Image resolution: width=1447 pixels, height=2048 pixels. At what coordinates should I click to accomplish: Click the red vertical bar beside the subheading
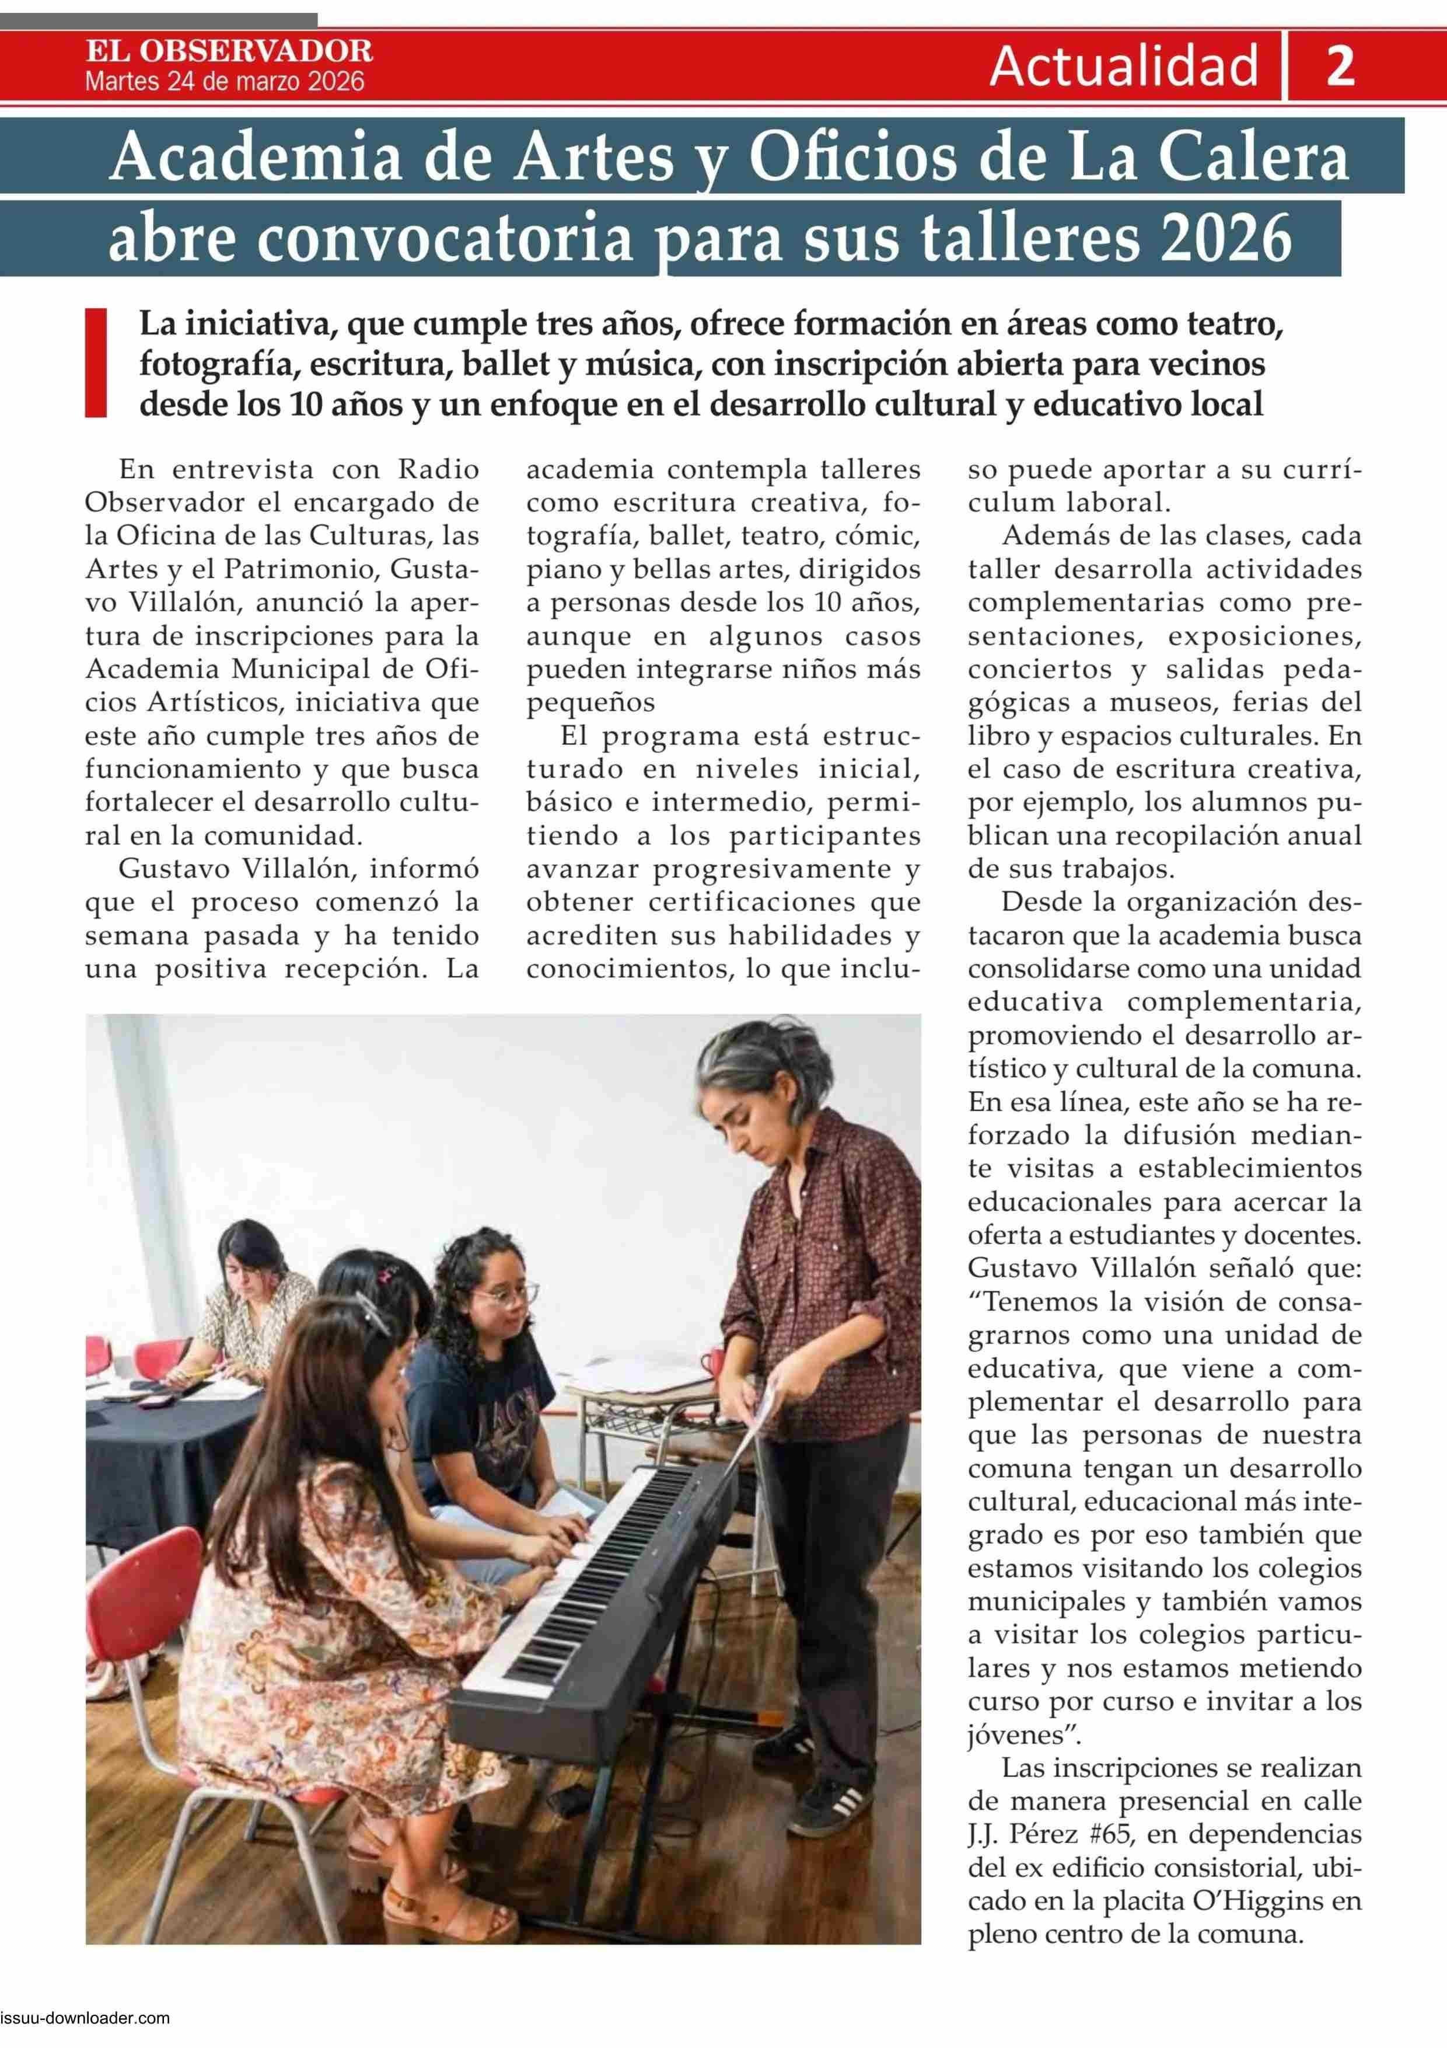click(x=95, y=363)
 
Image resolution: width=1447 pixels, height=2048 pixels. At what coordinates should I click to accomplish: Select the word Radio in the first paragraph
click(x=439, y=469)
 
